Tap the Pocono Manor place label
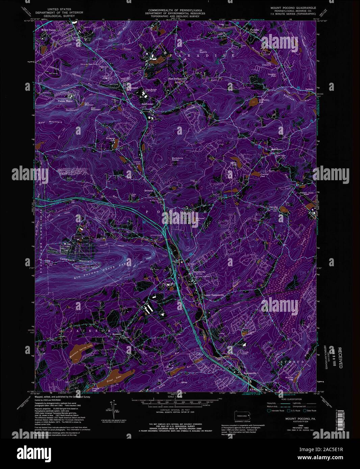point(65,101)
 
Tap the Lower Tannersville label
point(214,295)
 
